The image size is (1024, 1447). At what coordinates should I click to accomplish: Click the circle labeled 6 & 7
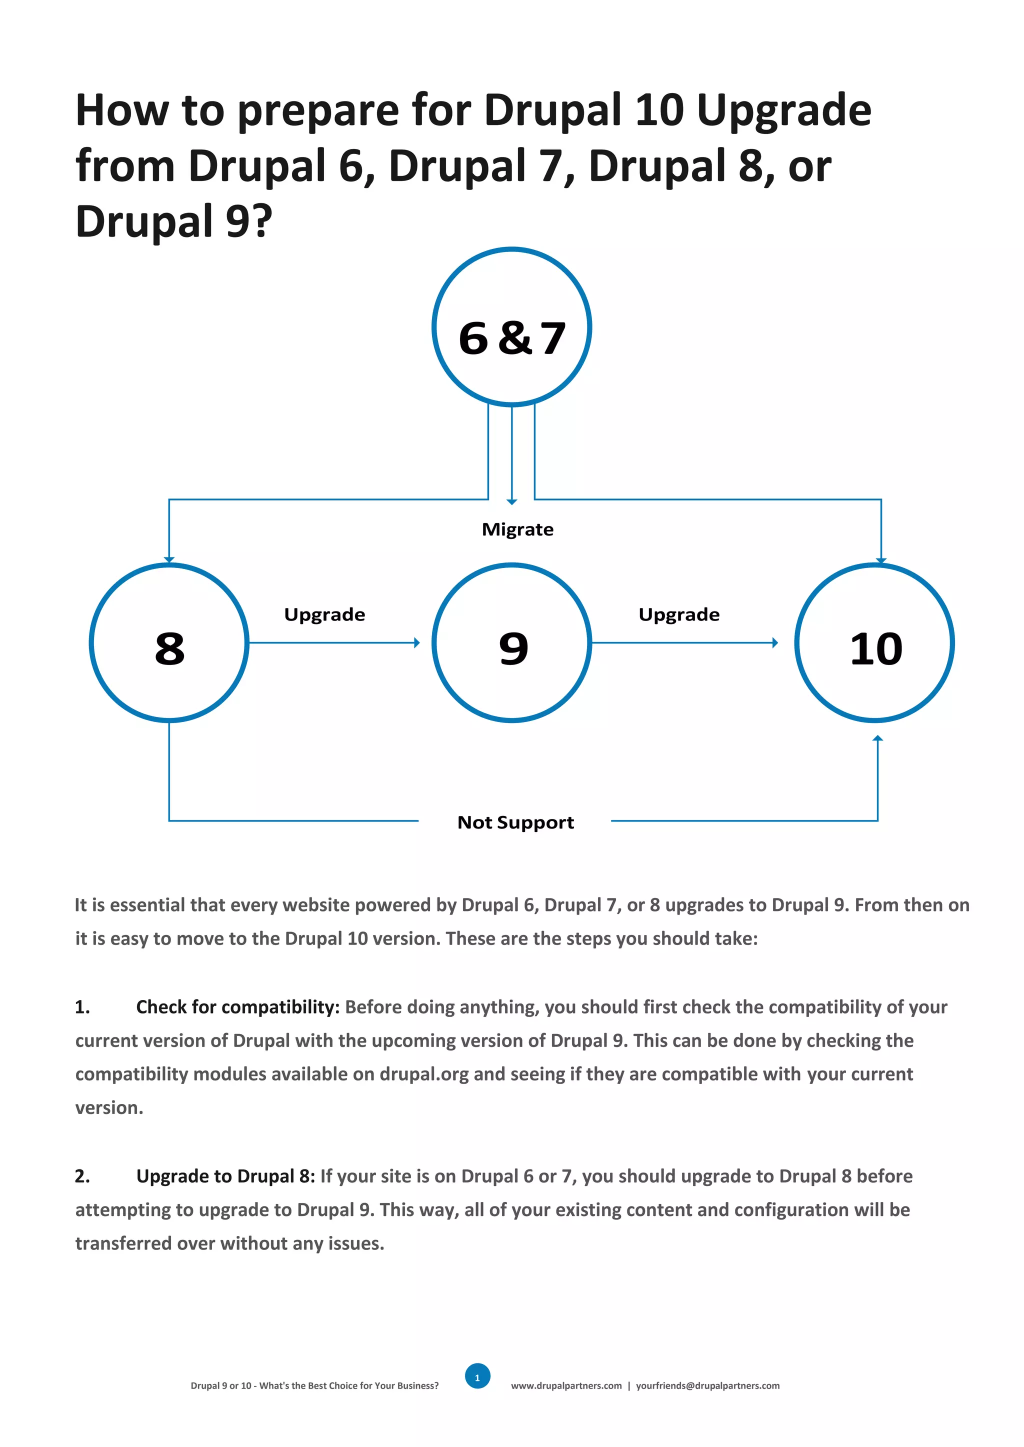pyautogui.click(x=511, y=326)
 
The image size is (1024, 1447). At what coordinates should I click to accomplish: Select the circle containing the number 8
pyautogui.click(x=169, y=642)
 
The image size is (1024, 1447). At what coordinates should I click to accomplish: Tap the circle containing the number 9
pyautogui.click(x=511, y=642)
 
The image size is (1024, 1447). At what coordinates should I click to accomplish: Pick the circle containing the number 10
pyautogui.click(x=874, y=642)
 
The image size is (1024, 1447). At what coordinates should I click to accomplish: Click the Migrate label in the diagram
pyautogui.click(x=517, y=529)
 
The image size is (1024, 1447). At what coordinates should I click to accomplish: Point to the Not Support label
pyautogui.click(x=515, y=822)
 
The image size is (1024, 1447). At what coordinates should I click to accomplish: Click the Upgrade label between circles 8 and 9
pyautogui.click(x=324, y=614)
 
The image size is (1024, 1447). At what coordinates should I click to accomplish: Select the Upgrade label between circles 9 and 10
pyautogui.click(x=678, y=614)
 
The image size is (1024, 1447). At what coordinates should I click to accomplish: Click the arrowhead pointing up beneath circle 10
pyautogui.click(x=877, y=738)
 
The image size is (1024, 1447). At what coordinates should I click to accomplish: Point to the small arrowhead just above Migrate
pyautogui.click(x=511, y=502)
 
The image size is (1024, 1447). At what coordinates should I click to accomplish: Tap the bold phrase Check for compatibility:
pyautogui.click(x=237, y=1007)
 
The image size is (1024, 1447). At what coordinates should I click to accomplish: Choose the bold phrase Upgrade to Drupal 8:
pyautogui.click(x=225, y=1176)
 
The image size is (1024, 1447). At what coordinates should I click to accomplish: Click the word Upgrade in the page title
pyautogui.click(x=784, y=110)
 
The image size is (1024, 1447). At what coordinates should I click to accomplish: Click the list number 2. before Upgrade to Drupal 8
pyautogui.click(x=82, y=1176)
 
